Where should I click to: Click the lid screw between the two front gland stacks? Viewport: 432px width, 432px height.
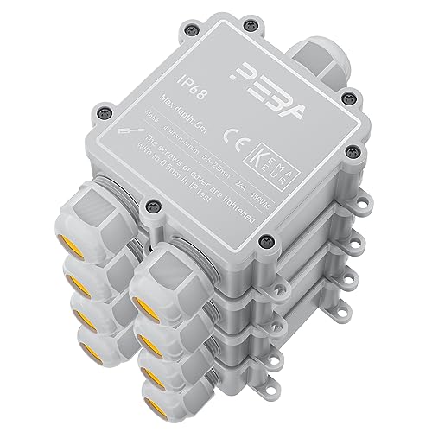tap(153, 206)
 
